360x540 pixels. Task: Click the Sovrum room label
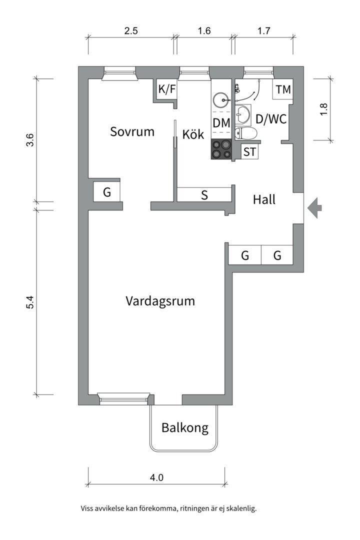coord(132,132)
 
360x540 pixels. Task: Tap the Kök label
coord(193,134)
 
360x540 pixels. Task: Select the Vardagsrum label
coord(160,301)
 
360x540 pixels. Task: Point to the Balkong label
coord(184,428)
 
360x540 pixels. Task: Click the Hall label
coord(264,200)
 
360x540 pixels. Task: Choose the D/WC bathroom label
coord(270,119)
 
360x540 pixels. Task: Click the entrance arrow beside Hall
coord(314,207)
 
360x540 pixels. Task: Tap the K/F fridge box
coord(167,89)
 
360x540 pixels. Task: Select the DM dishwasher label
coord(221,122)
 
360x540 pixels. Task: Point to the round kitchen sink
coord(220,100)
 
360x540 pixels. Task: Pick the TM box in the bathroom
coord(283,90)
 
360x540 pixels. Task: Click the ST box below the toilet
coord(250,152)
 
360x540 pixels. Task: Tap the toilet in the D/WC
coord(245,133)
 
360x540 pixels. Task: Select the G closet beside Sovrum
coord(107,192)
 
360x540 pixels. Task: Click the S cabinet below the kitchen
coord(204,195)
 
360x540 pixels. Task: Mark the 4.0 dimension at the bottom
coord(156,477)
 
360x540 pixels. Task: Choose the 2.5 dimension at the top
coord(131,31)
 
